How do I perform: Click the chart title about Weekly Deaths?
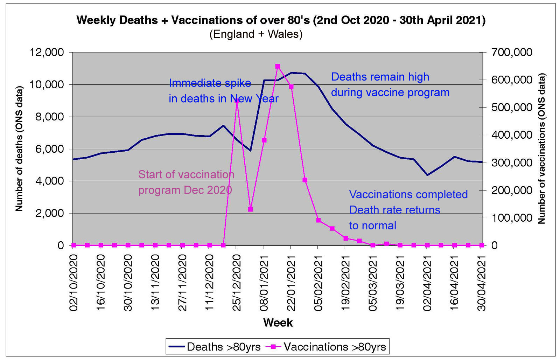coord(281,20)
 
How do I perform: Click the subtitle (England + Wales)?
coord(256,34)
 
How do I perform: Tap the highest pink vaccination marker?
coord(278,67)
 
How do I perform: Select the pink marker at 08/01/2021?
coord(264,140)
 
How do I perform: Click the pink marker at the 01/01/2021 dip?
coord(250,209)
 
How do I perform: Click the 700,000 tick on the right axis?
coord(512,53)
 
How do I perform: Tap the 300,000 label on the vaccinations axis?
coord(512,163)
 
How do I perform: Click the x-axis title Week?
coord(278,323)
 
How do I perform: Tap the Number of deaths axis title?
coord(19,149)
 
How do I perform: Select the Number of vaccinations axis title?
coord(541,149)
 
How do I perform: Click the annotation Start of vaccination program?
coord(186,182)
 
